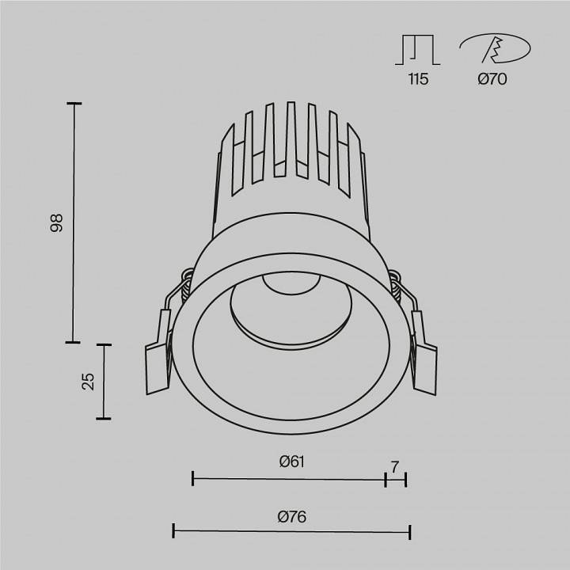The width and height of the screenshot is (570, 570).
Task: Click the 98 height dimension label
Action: click(56, 224)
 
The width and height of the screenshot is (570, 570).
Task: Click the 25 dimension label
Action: click(89, 382)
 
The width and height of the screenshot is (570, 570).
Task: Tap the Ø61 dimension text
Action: click(292, 462)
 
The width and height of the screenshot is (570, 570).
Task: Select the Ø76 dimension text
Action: click(292, 517)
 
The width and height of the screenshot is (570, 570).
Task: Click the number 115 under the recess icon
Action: click(417, 79)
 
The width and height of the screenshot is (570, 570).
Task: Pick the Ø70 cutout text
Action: click(492, 79)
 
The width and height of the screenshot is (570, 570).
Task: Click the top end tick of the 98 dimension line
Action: click(74, 104)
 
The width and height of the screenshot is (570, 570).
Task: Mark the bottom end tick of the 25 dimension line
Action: click(103, 419)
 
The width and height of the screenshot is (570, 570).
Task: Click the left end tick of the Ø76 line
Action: click(174, 531)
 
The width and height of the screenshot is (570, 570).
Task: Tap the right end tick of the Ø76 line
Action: click(409, 531)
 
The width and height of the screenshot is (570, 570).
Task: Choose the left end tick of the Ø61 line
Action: click(193, 477)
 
